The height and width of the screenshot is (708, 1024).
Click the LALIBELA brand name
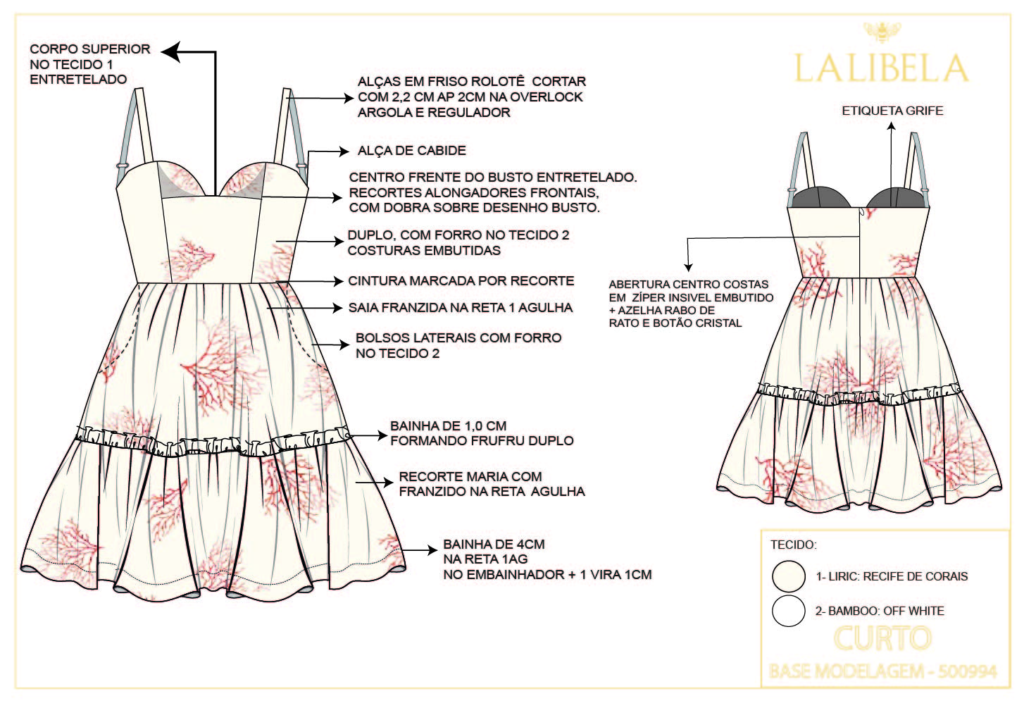point(880,68)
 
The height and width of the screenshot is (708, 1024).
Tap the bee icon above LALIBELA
point(878,31)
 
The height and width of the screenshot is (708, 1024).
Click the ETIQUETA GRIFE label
point(892,111)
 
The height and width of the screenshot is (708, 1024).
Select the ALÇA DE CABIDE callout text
point(411,151)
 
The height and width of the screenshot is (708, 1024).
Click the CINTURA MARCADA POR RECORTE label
point(461,281)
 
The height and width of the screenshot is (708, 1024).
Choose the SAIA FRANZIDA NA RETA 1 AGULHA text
point(460,308)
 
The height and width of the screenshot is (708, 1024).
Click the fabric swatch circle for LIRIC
point(788,576)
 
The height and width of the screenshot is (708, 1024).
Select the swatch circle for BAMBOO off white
point(788,611)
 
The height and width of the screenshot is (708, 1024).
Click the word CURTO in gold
point(882,639)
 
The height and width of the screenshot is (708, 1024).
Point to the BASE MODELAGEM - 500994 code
point(883,671)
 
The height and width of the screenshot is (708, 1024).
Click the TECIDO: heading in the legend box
point(793,545)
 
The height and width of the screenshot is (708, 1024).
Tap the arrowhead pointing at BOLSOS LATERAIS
point(344,345)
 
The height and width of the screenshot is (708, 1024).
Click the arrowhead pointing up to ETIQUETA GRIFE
point(891,127)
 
